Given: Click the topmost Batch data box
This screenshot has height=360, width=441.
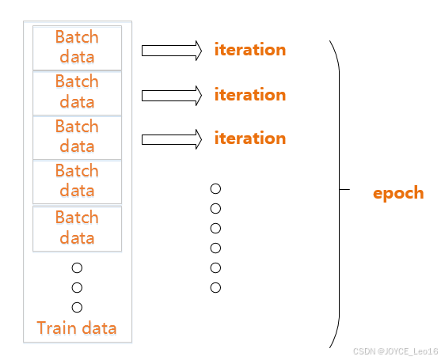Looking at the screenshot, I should coord(77,47).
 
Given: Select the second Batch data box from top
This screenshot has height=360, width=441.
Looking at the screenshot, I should coord(77,92).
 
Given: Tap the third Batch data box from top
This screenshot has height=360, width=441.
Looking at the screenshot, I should coord(77,137).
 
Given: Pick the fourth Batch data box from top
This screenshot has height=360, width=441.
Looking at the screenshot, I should coord(77,181).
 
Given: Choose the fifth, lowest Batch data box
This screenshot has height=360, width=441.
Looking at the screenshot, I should coord(77,228).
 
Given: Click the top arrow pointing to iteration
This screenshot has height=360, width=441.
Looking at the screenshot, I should coord(172,51).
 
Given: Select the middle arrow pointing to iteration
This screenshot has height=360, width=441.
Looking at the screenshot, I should coord(172,96).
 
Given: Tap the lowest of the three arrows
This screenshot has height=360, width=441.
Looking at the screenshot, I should coord(172,139).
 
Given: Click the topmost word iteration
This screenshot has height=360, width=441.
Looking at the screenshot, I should coord(249,50).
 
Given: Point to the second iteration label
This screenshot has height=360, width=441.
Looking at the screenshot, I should coord(249,95).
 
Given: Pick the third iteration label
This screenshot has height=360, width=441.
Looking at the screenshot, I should coord(249,138).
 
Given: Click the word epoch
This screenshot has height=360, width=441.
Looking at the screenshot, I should coord(398,193).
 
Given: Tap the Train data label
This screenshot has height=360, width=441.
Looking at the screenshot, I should coord(77,328).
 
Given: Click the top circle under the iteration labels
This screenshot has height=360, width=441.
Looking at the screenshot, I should coord(215,189).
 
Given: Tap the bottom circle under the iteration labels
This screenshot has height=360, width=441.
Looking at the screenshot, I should coord(215,287).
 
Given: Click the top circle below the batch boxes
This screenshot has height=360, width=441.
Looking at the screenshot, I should coord(77,267).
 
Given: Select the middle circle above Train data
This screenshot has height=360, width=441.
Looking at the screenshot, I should coord(77,287).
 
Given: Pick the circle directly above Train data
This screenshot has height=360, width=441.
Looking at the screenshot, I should coord(77,307).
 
